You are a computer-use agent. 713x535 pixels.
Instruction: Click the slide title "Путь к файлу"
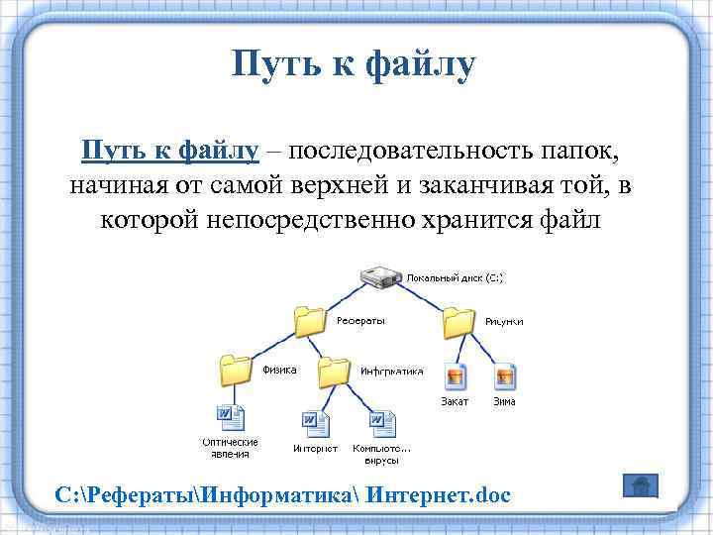coord(355,65)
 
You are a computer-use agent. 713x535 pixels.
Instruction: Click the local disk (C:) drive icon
coord(380,277)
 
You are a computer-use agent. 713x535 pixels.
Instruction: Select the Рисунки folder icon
coord(458,322)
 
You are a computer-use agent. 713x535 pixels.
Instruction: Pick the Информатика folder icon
coord(335,372)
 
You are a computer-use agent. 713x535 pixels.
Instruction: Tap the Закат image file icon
coord(456,376)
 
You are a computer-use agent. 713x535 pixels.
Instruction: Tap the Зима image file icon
coord(504,376)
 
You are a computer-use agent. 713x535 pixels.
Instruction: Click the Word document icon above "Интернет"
coord(314,424)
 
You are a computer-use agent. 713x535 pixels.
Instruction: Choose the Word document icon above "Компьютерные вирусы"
coord(381,424)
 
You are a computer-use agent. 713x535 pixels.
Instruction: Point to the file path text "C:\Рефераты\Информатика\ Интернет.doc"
coord(283,494)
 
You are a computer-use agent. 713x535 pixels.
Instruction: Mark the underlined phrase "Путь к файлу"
coord(170,152)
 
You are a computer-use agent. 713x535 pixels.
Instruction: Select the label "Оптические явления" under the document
coord(230,448)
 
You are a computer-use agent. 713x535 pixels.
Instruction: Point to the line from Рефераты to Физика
coord(273,346)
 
